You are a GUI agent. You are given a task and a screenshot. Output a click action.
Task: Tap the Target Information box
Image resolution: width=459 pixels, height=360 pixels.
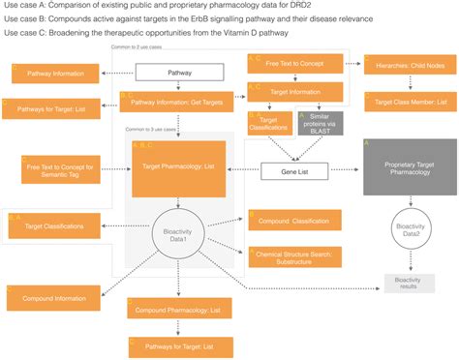click(294, 93)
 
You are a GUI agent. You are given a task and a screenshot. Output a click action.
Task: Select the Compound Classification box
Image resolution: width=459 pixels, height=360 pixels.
click(293, 222)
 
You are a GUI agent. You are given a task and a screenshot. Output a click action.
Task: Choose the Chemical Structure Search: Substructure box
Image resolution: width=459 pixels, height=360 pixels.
click(293, 255)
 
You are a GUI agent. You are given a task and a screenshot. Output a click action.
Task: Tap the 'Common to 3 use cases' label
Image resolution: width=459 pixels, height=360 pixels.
click(150, 129)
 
